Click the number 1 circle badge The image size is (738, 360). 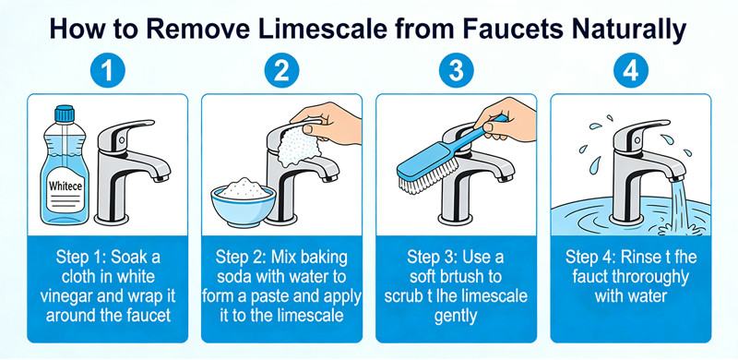pos(107,71)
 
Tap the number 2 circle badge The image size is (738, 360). pos(281,71)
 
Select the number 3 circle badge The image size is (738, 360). pos(456,71)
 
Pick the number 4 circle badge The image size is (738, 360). pos(631,71)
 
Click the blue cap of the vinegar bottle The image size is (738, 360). pos(65,114)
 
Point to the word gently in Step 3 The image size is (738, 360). pos(456,316)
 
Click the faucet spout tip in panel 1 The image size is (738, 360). pos(162,177)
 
